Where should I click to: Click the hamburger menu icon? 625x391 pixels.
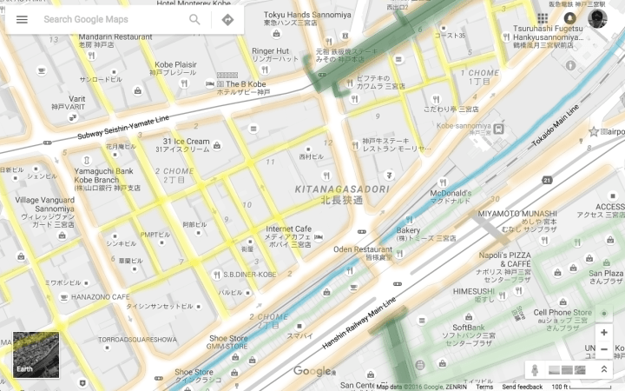click(x=22, y=19)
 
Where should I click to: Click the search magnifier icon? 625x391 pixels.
click(x=194, y=19)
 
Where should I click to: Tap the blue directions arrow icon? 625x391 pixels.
click(x=227, y=19)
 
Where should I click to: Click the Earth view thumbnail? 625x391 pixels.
click(x=36, y=355)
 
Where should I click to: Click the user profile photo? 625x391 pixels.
click(x=597, y=19)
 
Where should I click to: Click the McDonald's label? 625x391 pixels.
click(x=450, y=193)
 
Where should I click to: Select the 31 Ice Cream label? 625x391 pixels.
click(x=186, y=142)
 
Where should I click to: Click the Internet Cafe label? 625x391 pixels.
click(x=287, y=229)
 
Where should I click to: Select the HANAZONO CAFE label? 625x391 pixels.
click(x=100, y=296)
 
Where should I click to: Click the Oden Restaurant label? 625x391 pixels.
click(x=363, y=249)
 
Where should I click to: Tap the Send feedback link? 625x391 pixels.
click(x=522, y=387)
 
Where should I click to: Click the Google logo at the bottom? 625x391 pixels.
click(x=312, y=372)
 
